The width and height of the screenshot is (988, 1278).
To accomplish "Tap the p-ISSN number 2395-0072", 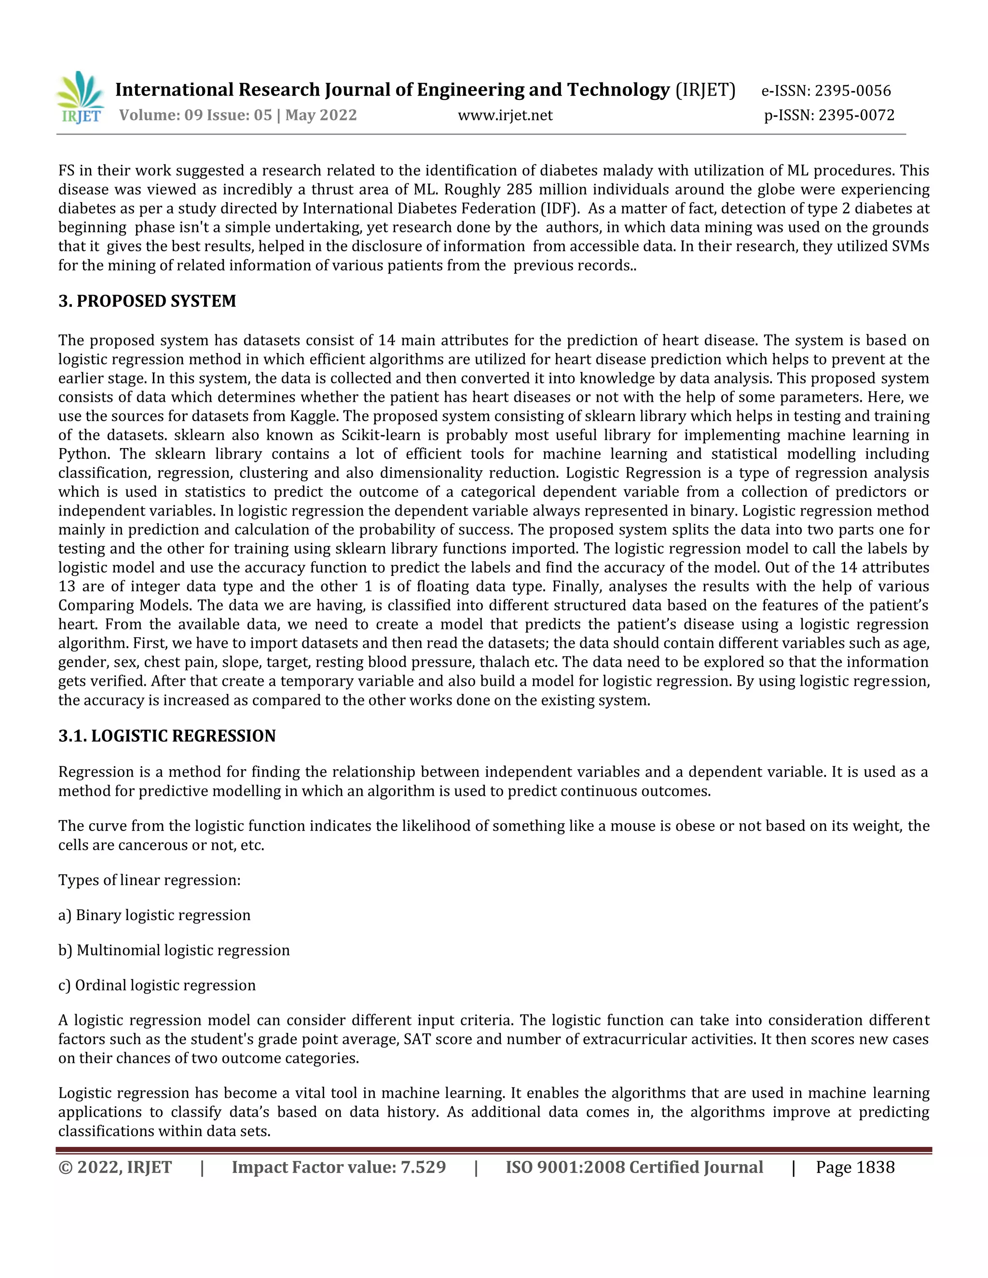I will click(856, 115).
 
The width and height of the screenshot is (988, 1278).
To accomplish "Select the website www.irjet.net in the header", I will click(505, 115).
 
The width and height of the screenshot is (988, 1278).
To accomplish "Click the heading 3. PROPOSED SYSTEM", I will click(147, 301).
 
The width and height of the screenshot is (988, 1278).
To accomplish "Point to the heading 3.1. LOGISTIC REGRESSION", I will click(167, 735).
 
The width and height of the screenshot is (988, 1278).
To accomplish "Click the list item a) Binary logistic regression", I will click(154, 915).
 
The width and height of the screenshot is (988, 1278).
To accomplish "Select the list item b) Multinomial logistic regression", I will click(174, 951).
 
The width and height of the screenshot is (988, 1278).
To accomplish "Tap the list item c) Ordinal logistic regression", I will click(157, 985).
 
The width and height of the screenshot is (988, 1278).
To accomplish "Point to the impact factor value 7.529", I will click(423, 1168).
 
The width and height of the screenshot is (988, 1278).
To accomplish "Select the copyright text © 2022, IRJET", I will click(115, 1168).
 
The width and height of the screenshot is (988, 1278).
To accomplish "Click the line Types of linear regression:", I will click(149, 880).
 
